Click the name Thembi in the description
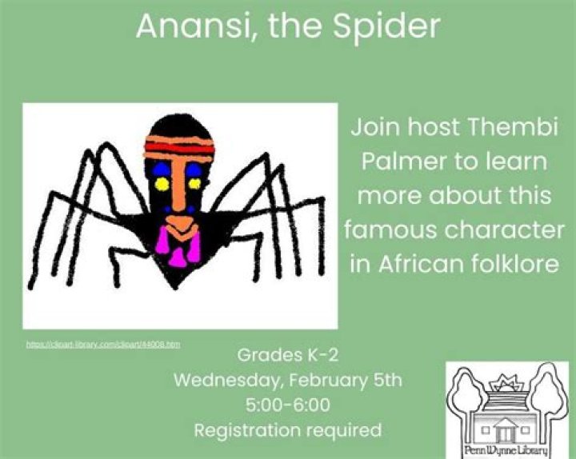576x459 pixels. [502, 127]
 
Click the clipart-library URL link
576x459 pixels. [103, 345]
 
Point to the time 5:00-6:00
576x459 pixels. [287, 405]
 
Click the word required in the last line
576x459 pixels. [346, 430]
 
